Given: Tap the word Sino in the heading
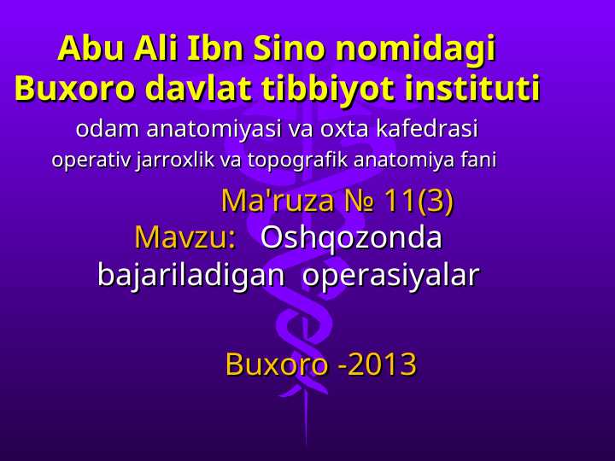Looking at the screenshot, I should tap(286, 49).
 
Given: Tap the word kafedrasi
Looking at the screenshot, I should tap(427, 131).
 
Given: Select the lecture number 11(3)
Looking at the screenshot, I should tap(418, 201).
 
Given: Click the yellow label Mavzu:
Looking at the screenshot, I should tap(185, 237).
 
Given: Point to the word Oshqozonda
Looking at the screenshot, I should tap(351, 237).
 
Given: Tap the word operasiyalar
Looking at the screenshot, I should tap(391, 276).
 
